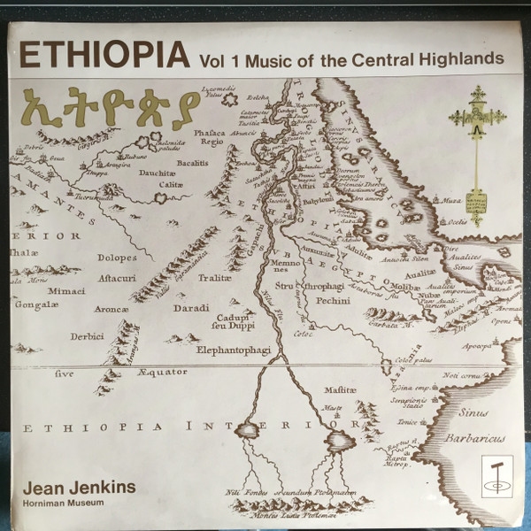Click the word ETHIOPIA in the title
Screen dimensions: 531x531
pyautogui.click(x=104, y=57)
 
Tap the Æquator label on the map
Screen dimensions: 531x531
pyautogui.click(x=162, y=372)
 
